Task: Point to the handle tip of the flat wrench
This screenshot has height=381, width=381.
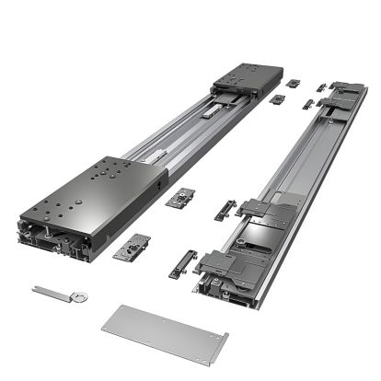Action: tap(37, 290)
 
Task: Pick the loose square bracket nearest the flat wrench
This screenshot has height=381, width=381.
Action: tap(133, 246)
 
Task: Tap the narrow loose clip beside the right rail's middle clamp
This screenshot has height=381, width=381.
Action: tap(225, 209)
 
